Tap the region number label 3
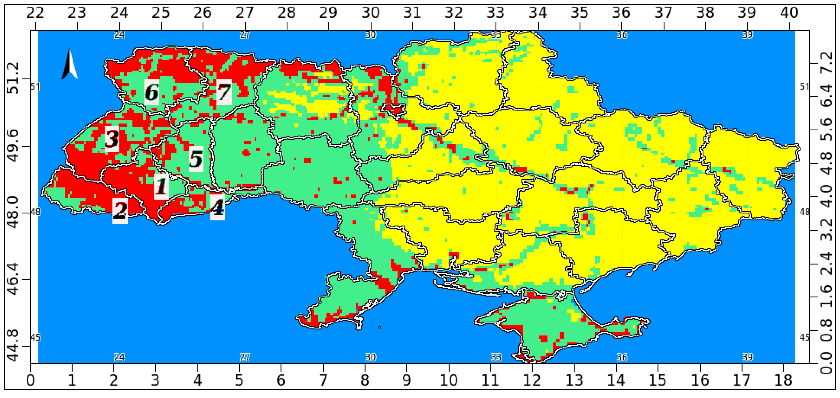(x=112, y=139)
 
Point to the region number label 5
(x=196, y=159)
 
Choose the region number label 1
(x=161, y=186)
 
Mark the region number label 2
(x=120, y=211)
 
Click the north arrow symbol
(x=70, y=64)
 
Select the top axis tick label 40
(x=789, y=13)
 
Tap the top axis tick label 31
(x=412, y=13)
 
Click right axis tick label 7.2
(x=827, y=63)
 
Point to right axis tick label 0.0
(x=827, y=362)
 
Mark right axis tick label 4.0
(x=827, y=196)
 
